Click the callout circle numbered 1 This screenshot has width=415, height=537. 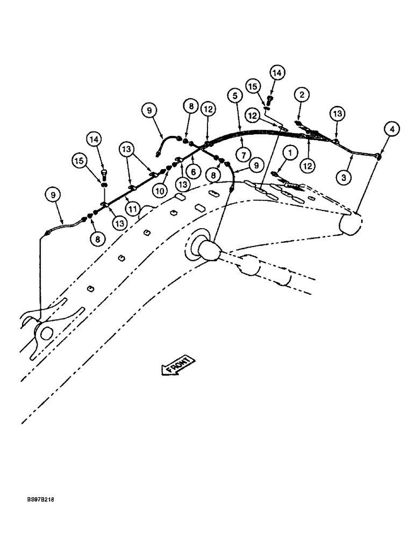(x=290, y=154)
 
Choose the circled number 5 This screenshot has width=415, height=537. (x=233, y=97)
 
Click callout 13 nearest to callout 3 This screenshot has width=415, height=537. (x=338, y=114)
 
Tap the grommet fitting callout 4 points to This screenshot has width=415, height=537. (x=379, y=157)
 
